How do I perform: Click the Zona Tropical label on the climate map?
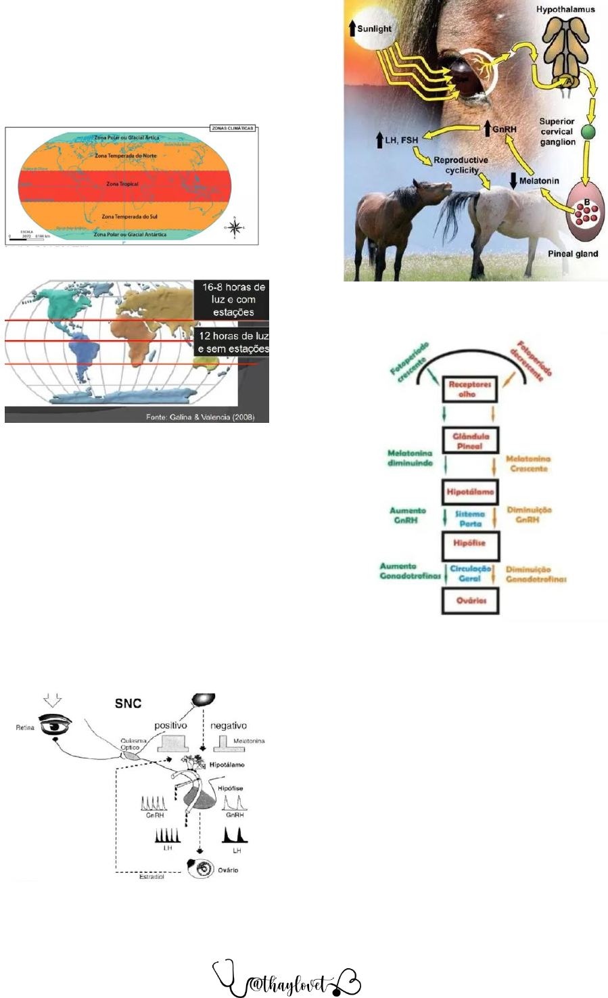click(x=122, y=184)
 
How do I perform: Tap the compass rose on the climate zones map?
click(x=235, y=227)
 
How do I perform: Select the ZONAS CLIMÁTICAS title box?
click(x=232, y=129)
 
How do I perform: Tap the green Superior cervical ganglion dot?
click(x=588, y=132)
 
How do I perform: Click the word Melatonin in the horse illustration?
click(x=539, y=181)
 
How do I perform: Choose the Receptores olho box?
click(x=469, y=389)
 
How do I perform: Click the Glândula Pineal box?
click(x=469, y=441)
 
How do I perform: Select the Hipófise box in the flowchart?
click(x=469, y=543)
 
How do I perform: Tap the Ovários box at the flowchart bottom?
click(x=470, y=600)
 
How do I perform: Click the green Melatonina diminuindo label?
click(x=410, y=458)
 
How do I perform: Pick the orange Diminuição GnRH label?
click(x=529, y=514)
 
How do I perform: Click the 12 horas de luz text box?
click(x=232, y=342)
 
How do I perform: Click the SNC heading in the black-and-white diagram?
click(x=128, y=703)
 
